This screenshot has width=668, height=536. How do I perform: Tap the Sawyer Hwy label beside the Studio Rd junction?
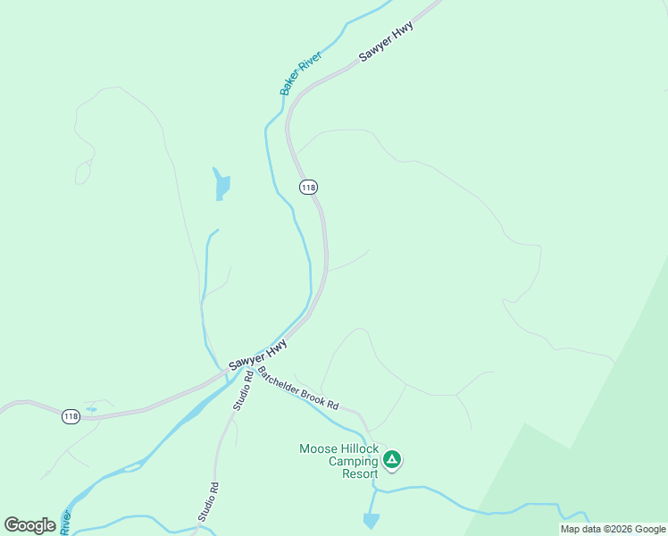258,355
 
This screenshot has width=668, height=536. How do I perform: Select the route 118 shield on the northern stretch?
308,187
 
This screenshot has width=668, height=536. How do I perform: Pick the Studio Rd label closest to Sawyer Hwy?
243,390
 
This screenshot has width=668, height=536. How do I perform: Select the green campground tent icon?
391,460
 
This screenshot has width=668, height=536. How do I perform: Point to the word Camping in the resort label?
354,461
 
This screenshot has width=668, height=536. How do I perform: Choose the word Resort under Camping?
360,473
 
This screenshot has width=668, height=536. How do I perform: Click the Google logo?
29,525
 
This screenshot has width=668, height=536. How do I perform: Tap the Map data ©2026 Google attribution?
613,529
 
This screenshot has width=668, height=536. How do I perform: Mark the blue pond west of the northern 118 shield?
221,185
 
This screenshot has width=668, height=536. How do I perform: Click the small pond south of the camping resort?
372,520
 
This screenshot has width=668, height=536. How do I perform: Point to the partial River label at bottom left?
65,523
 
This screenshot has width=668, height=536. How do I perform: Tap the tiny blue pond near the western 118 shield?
91,409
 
